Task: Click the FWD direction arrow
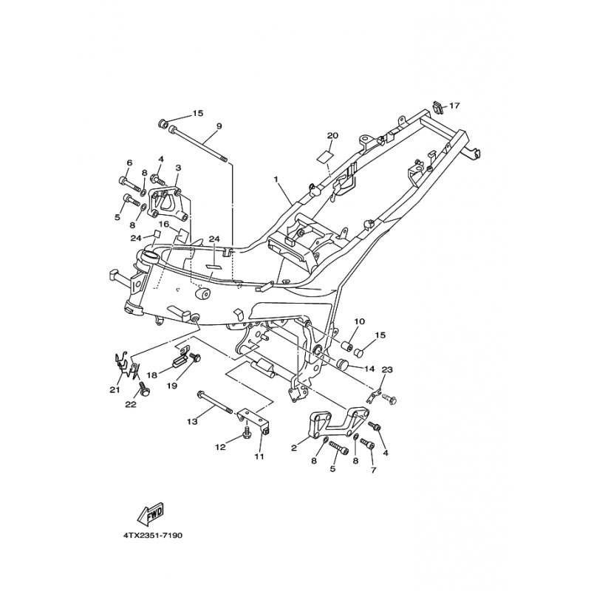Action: coord(151,513)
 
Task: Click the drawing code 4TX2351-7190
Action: coord(152,535)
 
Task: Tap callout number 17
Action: coord(455,106)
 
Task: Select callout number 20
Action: coord(333,136)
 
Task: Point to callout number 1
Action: coord(276,180)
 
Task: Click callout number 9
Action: coord(219,126)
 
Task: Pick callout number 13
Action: coord(192,422)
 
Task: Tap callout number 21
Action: coord(115,390)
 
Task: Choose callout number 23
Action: coord(387,370)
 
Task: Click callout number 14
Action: coord(370,369)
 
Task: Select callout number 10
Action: coord(360,321)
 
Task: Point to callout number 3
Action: coord(178,168)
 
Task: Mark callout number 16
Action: coord(164,225)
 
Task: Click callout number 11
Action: coord(259,457)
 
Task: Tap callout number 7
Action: coord(374,470)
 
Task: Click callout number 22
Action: coord(131,404)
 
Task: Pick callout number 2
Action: coord(294,448)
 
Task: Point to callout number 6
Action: coord(129,163)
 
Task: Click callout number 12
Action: coord(220,447)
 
